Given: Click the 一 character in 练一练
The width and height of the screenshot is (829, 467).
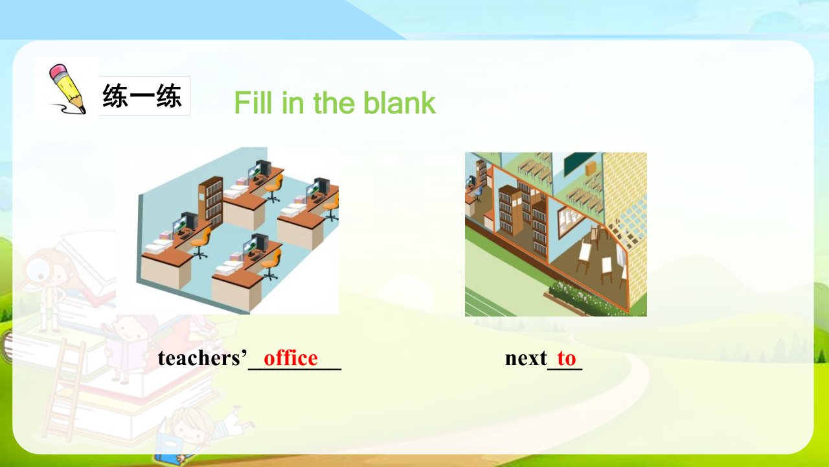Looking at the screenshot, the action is pos(142,96).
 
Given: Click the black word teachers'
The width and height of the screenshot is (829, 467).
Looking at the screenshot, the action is pos(202,358).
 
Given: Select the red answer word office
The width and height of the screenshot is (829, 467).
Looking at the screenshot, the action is pos(291,358).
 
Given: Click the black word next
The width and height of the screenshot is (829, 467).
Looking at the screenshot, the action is pos(526,359).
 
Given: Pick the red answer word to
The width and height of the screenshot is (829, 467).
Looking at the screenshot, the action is pos(567,359).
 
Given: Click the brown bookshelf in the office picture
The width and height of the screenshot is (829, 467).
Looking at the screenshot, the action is pos(211,202).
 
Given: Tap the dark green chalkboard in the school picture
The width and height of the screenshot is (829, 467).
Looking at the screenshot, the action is pos(579,163).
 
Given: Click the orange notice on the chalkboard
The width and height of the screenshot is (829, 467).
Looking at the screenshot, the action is pos(591,169).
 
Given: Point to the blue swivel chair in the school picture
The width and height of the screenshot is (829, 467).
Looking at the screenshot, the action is pos(479,193).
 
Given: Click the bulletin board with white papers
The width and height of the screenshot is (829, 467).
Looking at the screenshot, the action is pos(571,221).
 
